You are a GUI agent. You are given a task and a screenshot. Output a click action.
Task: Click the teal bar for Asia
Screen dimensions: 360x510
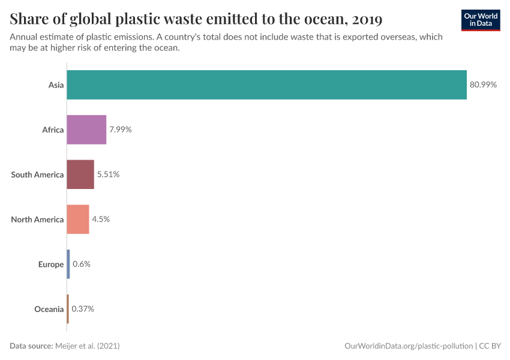[266, 85]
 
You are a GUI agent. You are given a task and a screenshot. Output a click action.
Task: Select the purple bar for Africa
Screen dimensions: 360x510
[86, 130]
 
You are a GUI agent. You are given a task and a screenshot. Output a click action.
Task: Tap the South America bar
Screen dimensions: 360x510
[80, 175]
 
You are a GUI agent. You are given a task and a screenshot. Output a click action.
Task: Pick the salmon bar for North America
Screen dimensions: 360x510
[78, 219]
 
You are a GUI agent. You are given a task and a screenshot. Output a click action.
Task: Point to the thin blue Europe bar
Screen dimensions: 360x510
[68, 264]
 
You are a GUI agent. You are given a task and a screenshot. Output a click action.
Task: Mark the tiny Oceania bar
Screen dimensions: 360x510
[68, 309]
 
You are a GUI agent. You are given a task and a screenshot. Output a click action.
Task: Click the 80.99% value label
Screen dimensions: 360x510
[483, 85]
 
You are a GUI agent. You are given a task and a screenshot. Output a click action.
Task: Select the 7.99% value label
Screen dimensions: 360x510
[120, 130]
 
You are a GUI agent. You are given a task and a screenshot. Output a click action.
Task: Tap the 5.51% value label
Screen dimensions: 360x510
[108, 175]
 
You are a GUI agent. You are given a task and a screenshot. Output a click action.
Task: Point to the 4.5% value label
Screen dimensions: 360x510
[101, 219]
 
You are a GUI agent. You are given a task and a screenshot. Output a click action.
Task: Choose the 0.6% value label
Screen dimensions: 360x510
[82, 264]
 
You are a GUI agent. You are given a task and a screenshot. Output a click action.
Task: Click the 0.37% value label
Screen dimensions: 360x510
[83, 309]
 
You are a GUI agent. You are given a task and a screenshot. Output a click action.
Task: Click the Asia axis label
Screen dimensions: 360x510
[56, 85]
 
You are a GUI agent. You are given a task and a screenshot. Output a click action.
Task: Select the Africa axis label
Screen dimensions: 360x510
[53, 130]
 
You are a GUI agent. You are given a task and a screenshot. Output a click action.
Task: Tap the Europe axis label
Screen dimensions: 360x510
[51, 264]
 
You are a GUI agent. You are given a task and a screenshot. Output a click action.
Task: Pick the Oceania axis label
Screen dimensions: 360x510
[49, 309]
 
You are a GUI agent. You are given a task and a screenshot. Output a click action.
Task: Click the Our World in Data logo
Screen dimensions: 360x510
[480, 20]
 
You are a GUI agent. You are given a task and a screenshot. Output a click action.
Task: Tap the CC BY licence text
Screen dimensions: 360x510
[490, 346]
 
